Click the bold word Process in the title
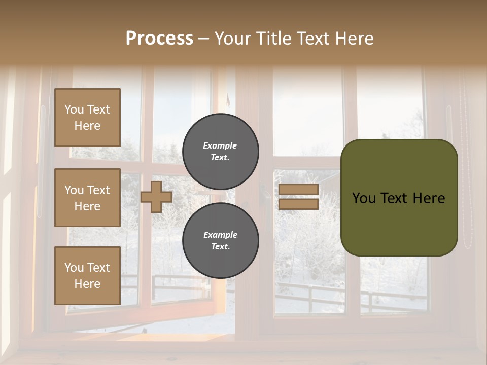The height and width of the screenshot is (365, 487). [159, 38]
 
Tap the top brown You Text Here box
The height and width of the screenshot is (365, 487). [87, 118]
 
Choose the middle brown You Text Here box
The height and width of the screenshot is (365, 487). [87, 198]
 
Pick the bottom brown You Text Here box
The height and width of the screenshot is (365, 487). [87, 276]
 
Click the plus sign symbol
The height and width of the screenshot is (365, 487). [156, 197]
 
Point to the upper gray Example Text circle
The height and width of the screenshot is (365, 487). [220, 152]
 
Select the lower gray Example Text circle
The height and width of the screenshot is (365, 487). [220, 241]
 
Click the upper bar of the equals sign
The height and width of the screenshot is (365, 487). [299, 190]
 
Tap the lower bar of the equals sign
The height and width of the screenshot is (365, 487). [299, 204]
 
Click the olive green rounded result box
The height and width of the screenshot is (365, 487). [399, 198]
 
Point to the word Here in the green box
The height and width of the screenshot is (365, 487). [429, 198]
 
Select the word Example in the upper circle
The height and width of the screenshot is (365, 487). [220, 145]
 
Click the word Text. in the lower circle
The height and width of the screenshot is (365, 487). [220, 247]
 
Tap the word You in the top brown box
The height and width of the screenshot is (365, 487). [74, 109]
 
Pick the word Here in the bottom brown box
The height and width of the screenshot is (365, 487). [87, 284]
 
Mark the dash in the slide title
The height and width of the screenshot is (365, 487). [204, 39]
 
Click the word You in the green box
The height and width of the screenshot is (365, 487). [363, 198]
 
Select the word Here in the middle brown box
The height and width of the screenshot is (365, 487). [87, 206]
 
